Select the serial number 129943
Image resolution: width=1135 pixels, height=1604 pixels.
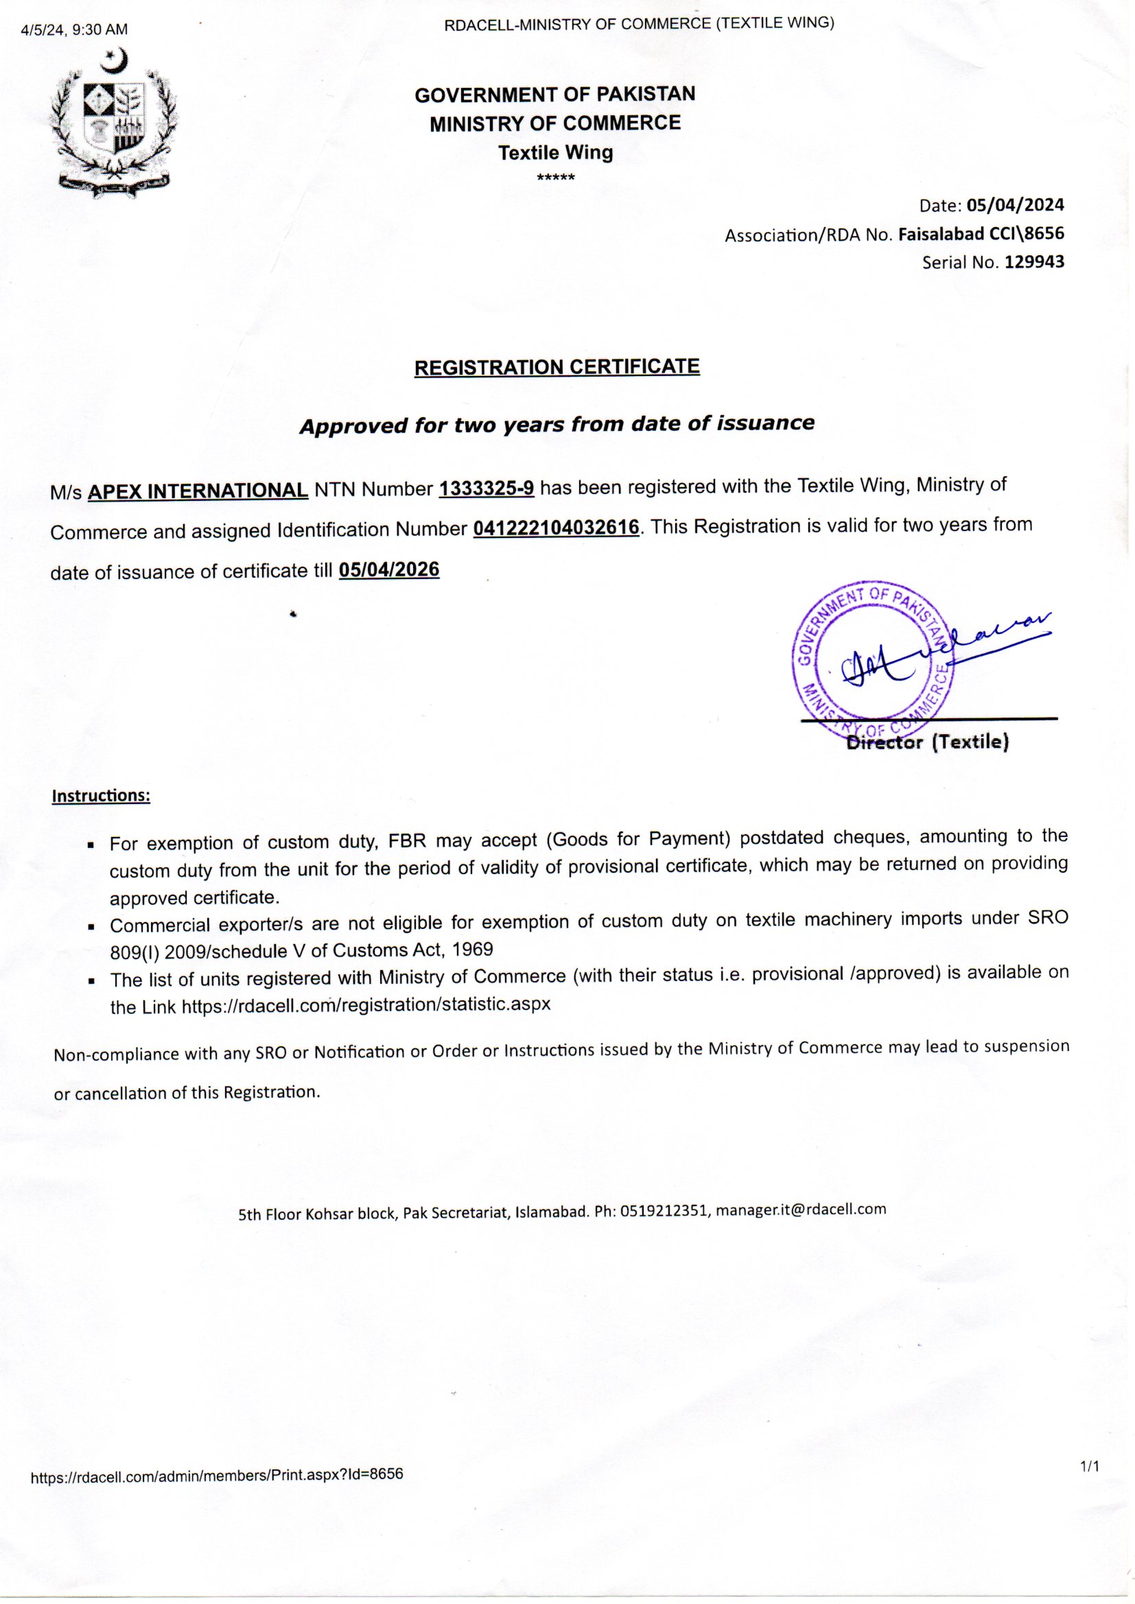[x=1034, y=262]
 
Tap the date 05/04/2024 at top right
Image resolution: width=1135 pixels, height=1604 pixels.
[x=1016, y=204]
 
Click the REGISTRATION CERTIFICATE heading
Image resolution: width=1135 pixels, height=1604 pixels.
[x=557, y=368]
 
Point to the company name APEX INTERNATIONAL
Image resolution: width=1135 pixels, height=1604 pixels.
[x=198, y=491]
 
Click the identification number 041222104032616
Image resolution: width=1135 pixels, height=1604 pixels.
[x=557, y=528]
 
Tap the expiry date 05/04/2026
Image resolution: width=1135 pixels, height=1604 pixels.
[x=389, y=570]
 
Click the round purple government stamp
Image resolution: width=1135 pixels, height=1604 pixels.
[x=874, y=657]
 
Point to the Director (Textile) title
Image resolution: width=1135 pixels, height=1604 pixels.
[x=928, y=742]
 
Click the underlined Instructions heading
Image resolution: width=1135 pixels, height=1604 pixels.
[x=101, y=796]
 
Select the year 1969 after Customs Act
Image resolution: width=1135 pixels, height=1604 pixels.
[x=472, y=950]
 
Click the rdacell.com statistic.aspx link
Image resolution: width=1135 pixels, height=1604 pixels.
[x=366, y=1004]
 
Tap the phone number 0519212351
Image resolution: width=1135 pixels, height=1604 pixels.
[x=665, y=1211]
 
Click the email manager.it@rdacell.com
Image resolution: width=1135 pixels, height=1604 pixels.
[x=801, y=1210]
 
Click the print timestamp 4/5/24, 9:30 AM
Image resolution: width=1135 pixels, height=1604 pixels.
[x=75, y=30]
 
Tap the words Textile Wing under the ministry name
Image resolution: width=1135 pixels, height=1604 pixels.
[x=556, y=153]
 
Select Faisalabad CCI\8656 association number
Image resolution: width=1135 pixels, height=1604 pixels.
[x=981, y=234]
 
